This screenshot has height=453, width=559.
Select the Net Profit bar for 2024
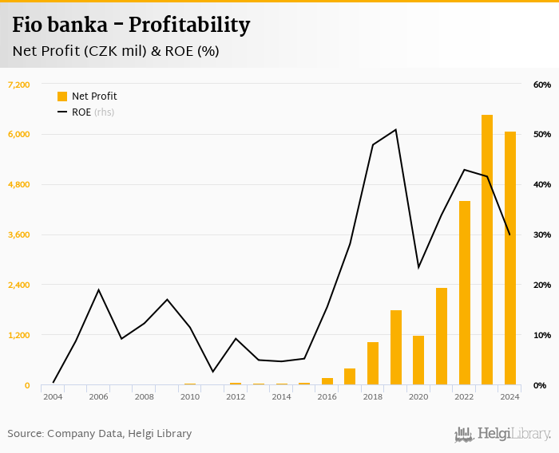[x=509, y=258]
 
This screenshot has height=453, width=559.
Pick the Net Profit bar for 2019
[x=395, y=348]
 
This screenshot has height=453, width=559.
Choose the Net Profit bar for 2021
[x=442, y=337]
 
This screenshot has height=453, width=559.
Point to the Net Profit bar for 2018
[x=373, y=364]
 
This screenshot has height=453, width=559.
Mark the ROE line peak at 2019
[x=395, y=129]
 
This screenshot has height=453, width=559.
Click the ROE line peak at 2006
[x=98, y=290]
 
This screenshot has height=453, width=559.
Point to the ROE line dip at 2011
[x=212, y=372]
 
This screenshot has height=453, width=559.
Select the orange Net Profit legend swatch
[x=62, y=97]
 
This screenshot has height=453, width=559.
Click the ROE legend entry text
[x=81, y=112]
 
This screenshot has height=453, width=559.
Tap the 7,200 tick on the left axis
[x=18, y=85]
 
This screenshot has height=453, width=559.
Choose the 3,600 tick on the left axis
[x=18, y=234]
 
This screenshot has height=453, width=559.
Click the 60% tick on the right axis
[x=542, y=85]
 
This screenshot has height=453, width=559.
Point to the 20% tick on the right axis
[x=542, y=285]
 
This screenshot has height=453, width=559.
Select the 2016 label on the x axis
[x=327, y=396]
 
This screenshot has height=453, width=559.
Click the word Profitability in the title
[x=189, y=25]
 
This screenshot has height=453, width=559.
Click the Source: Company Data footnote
[x=99, y=434]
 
